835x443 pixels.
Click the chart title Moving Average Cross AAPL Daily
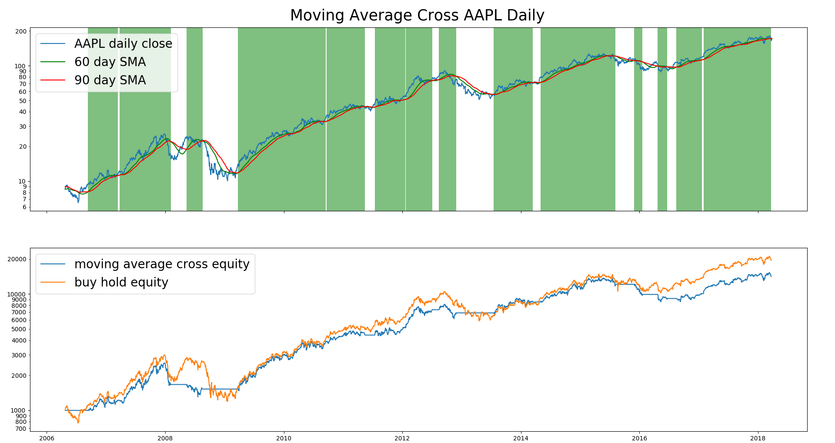pos(417,15)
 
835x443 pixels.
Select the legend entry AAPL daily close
pos(123,43)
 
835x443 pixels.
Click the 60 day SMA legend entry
pos(110,62)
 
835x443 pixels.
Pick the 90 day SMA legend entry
pos(110,80)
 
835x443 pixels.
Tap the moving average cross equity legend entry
pos(162,264)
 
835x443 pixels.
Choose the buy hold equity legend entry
pos(121,282)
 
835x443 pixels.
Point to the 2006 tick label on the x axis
pos(47,438)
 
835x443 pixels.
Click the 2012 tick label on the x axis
pos(402,438)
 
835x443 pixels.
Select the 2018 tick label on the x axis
pos(758,438)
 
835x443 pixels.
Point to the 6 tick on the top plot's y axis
pos(24,207)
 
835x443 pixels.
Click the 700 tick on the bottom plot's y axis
pos(21,429)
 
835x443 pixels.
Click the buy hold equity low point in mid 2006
pos(78,422)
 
